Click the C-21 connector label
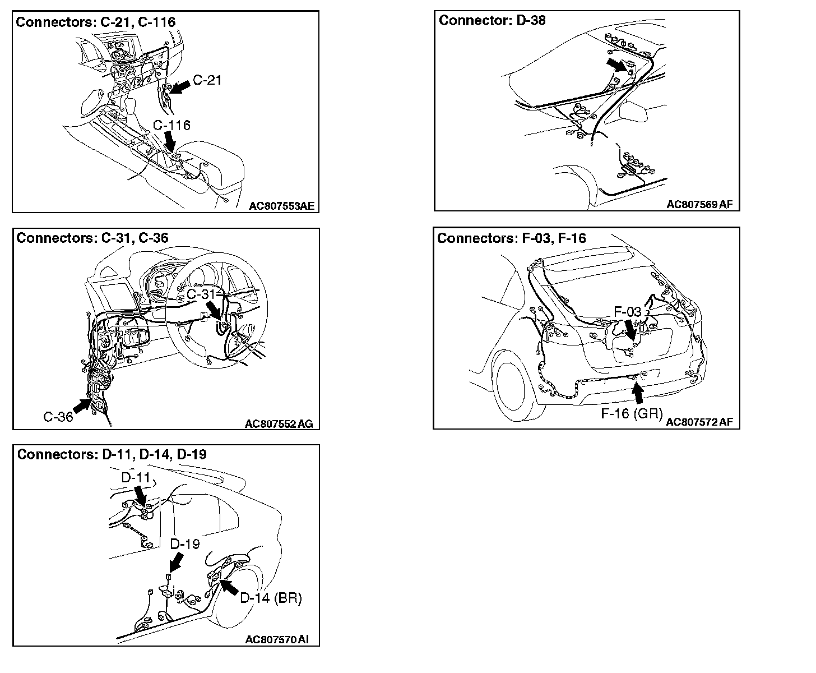coord(207,80)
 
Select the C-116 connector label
coord(171,125)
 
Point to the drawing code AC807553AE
coord(282,206)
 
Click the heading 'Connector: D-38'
coord(492,21)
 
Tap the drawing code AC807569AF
coord(699,205)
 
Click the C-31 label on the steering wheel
coord(200,294)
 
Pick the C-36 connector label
coord(58,417)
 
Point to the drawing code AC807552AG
coord(279,424)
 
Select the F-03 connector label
coord(627,311)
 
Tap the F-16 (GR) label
coord(632,414)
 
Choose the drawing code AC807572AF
coord(699,422)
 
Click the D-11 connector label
coord(136,477)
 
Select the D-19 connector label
coord(184,543)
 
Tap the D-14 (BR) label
coord(271,598)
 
